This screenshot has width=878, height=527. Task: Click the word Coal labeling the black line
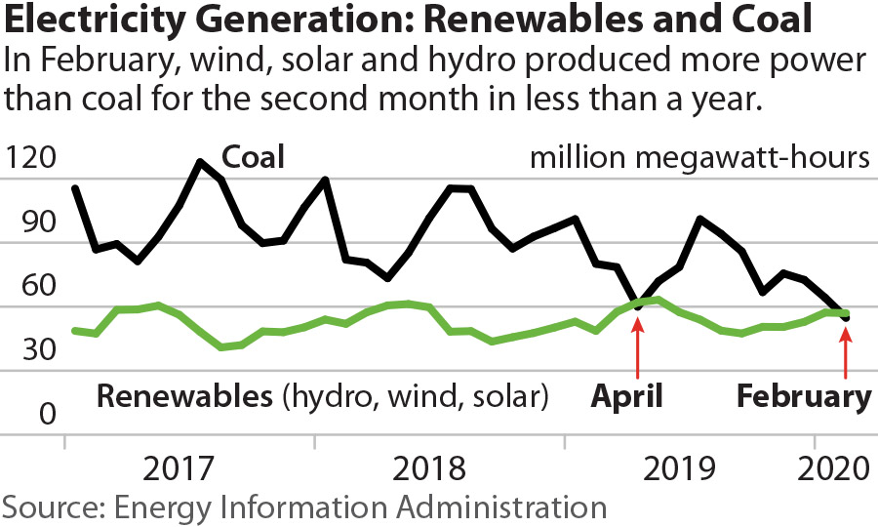point(253,157)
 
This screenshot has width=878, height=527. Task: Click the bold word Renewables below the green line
point(182,397)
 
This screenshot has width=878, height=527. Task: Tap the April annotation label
point(627,397)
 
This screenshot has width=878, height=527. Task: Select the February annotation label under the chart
point(803,397)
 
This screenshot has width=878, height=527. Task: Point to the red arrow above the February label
point(845,348)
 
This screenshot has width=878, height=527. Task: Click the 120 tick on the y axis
point(32,158)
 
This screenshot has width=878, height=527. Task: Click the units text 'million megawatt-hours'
point(698,157)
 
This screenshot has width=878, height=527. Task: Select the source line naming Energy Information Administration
point(303,507)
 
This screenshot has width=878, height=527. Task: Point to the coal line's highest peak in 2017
point(201,162)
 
